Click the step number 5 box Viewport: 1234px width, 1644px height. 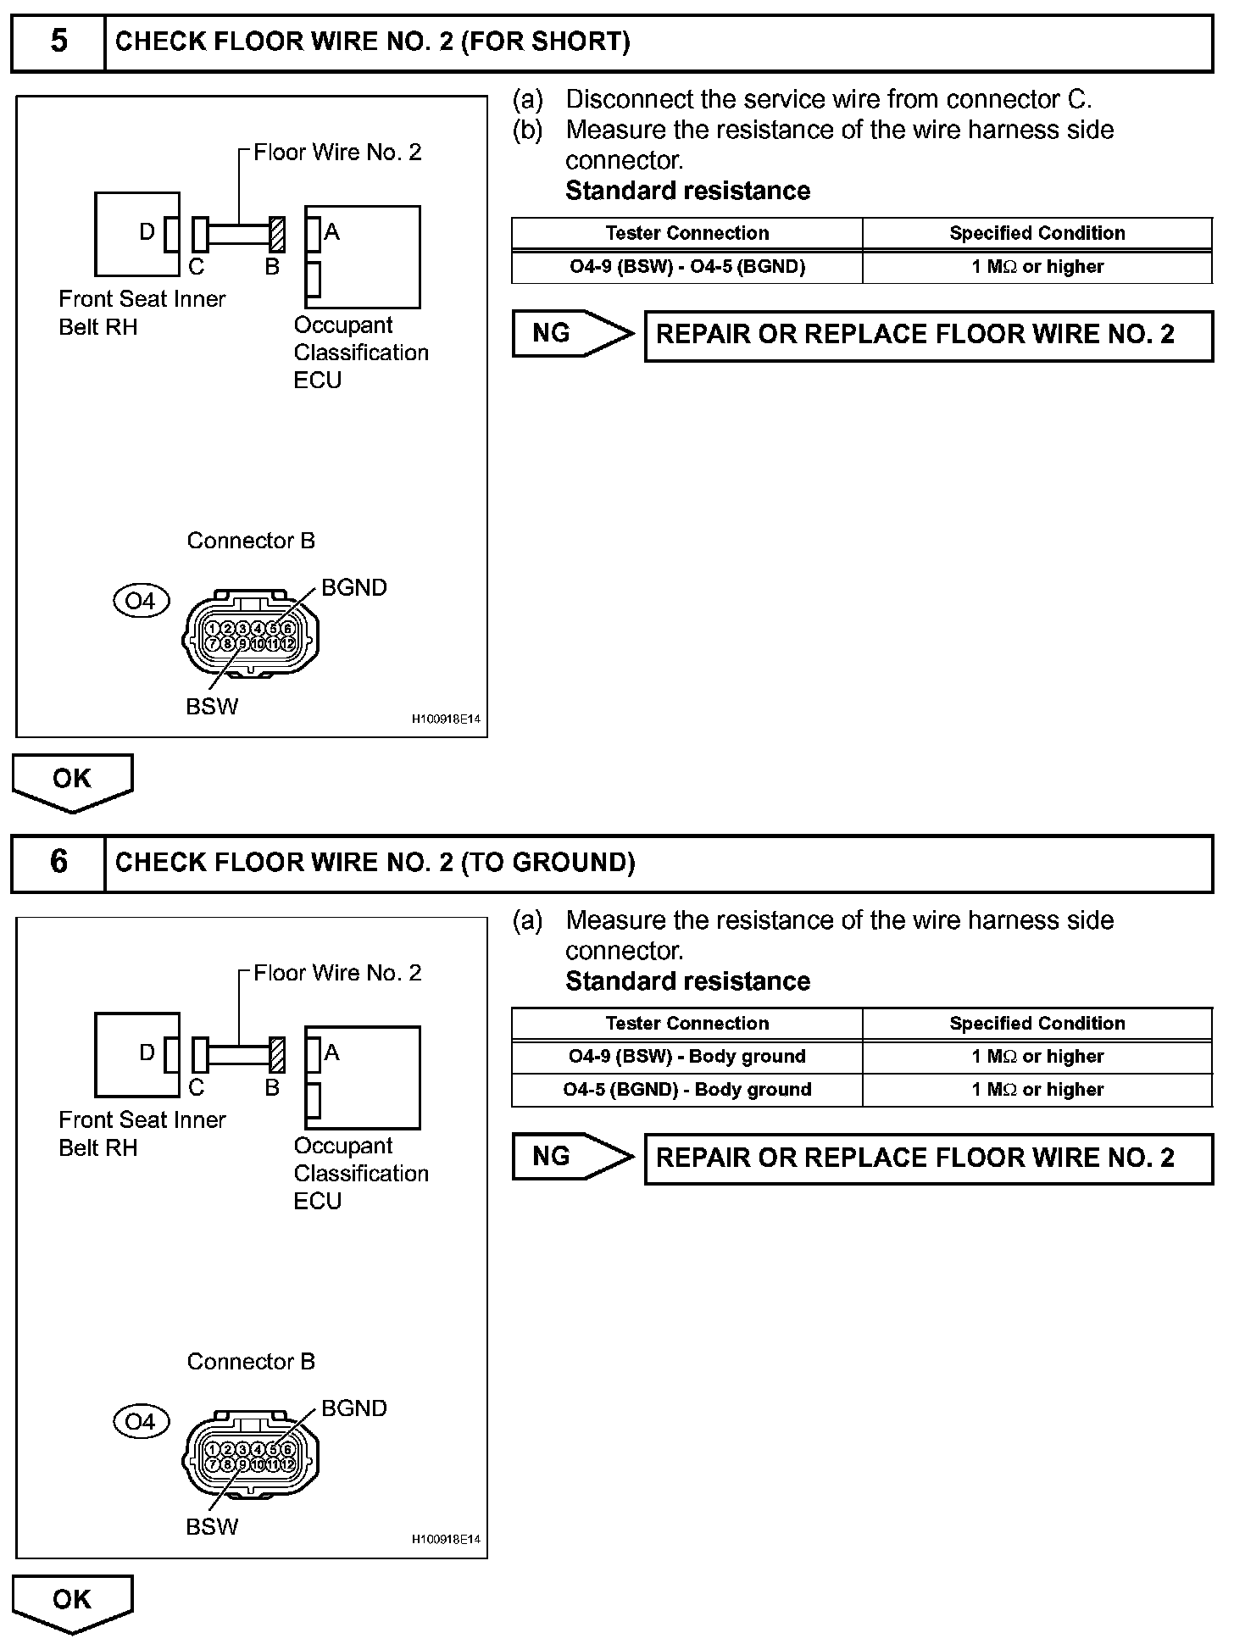[58, 42]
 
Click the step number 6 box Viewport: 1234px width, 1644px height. [58, 863]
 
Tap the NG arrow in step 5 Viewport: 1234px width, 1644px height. [572, 334]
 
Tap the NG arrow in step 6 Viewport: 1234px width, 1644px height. [572, 1157]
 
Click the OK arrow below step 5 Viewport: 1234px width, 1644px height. [72, 780]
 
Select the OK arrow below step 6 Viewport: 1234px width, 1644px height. [72, 1601]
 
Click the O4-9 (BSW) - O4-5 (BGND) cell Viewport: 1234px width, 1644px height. [686, 267]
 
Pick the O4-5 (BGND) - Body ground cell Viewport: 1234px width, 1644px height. [686, 1090]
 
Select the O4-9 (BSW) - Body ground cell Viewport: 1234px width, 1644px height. [686, 1057]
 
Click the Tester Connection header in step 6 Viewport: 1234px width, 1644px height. [686, 1024]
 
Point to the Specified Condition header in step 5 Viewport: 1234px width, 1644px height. [1037, 233]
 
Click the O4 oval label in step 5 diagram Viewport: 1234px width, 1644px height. [141, 601]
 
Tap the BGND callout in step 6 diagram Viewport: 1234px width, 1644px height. [353, 1408]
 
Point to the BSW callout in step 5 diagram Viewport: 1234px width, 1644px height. [212, 707]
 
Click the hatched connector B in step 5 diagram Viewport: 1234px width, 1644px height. [276, 234]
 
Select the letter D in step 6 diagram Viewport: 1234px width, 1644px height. [147, 1052]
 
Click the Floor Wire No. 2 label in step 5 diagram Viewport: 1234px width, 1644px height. [337, 153]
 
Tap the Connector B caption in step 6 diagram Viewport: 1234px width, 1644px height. [251, 1362]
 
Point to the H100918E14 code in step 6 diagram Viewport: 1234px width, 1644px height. [446, 1540]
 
